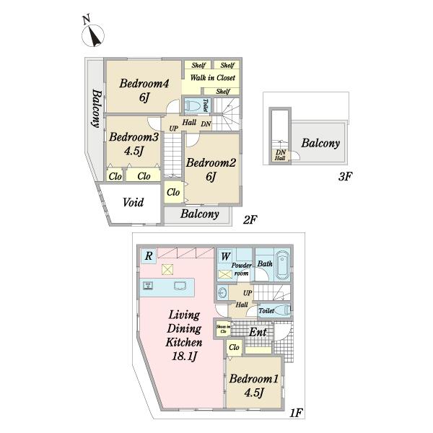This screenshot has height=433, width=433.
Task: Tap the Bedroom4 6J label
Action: tap(144, 90)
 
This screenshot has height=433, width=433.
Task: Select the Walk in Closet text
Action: tap(212, 78)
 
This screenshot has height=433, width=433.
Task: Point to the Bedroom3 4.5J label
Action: tap(134, 144)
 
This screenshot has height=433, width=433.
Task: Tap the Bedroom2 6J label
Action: tap(211, 169)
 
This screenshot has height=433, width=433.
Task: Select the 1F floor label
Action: tap(296, 413)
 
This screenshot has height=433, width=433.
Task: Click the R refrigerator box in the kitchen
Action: tap(148, 255)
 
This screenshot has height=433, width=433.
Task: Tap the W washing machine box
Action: tap(225, 255)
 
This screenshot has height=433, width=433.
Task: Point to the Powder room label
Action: tap(240, 270)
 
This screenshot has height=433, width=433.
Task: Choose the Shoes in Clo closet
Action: tap(223, 331)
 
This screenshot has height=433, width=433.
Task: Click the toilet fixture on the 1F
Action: tap(281, 310)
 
